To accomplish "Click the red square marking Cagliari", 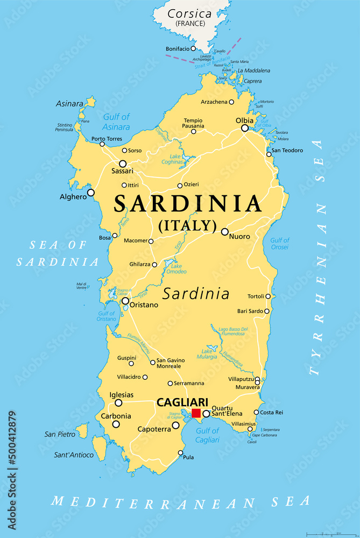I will [x=196, y=413].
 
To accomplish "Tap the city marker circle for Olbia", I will [x=245, y=128].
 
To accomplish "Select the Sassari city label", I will [x=122, y=171].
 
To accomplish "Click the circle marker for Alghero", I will [x=91, y=192].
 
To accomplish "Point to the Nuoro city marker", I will [x=225, y=231].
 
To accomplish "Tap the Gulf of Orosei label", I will [x=279, y=244].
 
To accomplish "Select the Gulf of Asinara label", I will [x=116, y=122].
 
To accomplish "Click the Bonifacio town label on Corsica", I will [x=178, y=49].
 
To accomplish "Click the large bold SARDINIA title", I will [x=188, y=204].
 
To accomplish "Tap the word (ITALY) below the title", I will [x=187, y=225].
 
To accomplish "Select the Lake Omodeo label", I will [x=175, y=269].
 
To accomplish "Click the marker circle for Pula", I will [x=181, y=452].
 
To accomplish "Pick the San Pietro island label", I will [x=60, y=434].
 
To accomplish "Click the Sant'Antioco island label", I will [x=74, y=455].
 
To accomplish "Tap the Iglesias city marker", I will [x=118, y=402].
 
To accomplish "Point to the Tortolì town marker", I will [x=268, y=296].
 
